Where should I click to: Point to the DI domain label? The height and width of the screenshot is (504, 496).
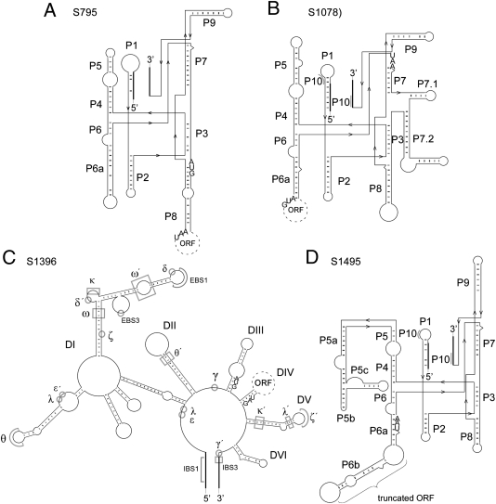pos(44,345)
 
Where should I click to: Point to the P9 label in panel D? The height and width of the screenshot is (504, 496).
pos(463,281)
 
